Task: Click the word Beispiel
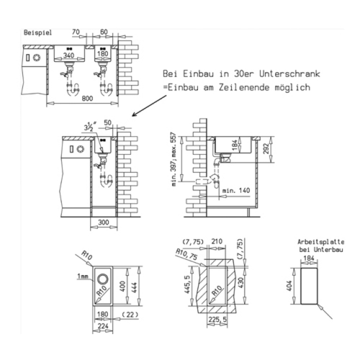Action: tap(38, 33)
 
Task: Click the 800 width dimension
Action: tap(87, 98)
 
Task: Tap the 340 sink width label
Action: tap(69, 55)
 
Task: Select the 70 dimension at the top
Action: tap(76, 31)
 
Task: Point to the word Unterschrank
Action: tap(290, 74)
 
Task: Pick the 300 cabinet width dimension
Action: tap(103, 222)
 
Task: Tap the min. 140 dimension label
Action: tap(236, 190)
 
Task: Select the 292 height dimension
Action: tap(266, 148)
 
